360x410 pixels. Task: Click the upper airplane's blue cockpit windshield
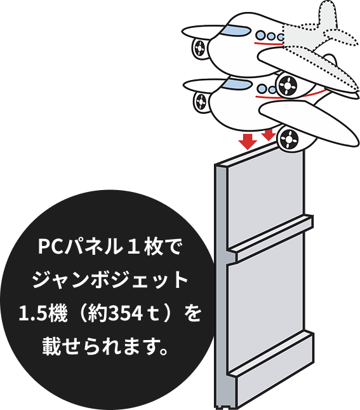[236, 31]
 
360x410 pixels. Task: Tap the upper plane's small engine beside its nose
[200, 48]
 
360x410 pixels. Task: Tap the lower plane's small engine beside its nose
[201, 101]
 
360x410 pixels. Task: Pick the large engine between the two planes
[287, 85]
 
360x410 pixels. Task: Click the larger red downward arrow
[248, 142]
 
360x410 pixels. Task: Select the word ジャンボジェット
[110, 280]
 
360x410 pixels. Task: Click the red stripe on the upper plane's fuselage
[269, 43]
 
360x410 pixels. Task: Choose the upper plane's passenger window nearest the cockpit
[260, 35]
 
